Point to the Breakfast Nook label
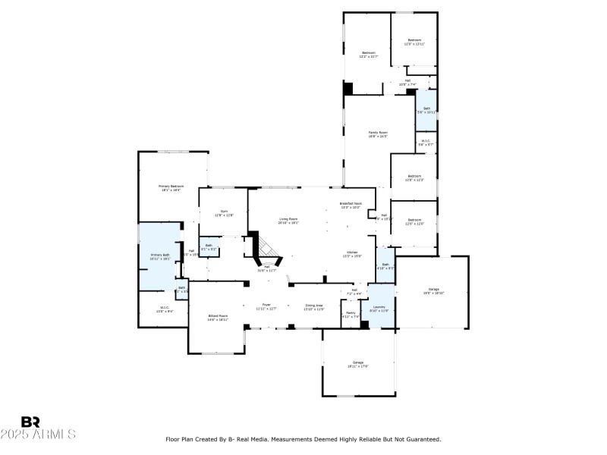click(351, 204)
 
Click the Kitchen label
click(352, 253)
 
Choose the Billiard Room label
click(219, 317)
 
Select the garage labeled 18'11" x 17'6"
click(358, 363)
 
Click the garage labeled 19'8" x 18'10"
click(434, 290)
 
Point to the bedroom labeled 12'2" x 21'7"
click(368, 54)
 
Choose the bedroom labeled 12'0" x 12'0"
click(414, 221)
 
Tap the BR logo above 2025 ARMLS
click(30, 422)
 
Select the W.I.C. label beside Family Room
click(426, 142)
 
